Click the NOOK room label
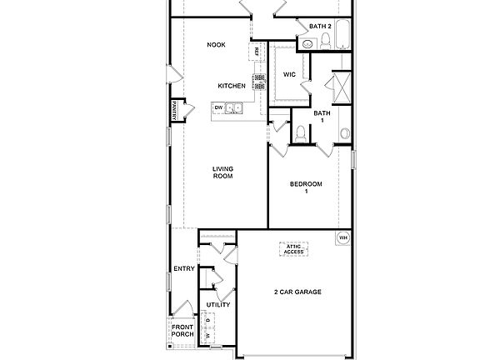point(217,45)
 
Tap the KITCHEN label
point(231,86)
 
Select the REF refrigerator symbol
point(257,52)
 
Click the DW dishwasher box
point(218,107)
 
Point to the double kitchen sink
point(234,107)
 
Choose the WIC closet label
point(289,74)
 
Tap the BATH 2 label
point(321,27)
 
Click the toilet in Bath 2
point(325,39)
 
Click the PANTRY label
point(175,110)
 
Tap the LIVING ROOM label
point(222,172)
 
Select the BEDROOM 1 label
point(305,187)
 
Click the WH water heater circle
point(342,238)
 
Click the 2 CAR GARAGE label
point(297,292)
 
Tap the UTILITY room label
point(218,305)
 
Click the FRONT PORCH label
point(182,331)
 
